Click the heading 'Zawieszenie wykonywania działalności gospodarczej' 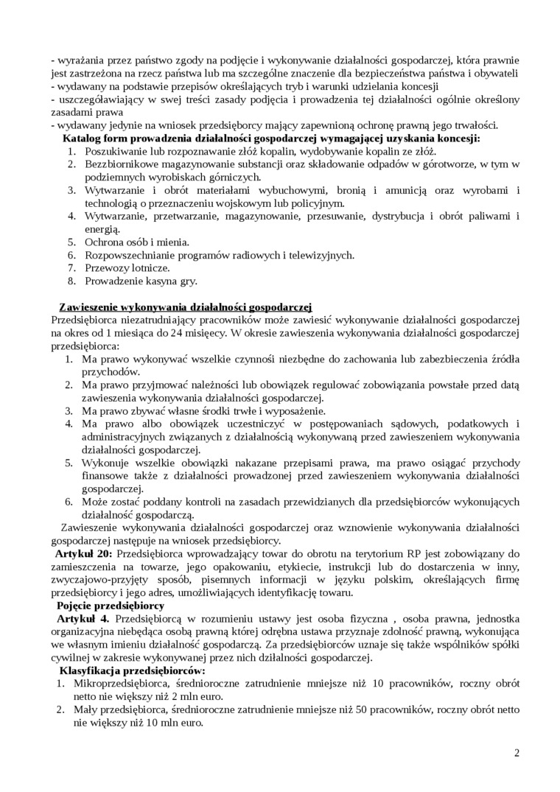point(186,306)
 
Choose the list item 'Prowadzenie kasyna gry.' point(141,281)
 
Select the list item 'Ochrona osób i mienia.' point(137,241)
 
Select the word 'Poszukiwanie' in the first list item point(114,151)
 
